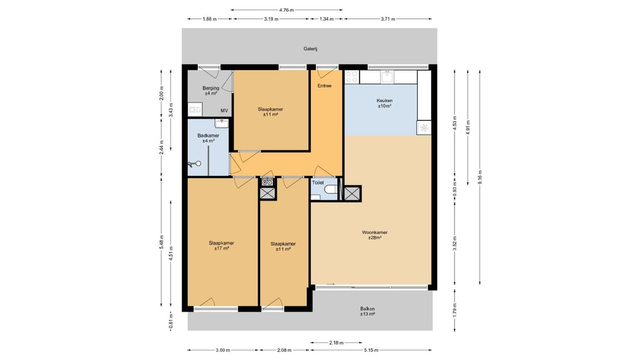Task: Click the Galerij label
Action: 310,49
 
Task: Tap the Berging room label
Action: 211,88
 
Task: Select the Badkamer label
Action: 208,136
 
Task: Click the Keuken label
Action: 385,100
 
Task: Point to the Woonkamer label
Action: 375,232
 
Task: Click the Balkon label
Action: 367,309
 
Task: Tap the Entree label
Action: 325,86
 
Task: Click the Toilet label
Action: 318,183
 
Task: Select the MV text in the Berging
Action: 224,111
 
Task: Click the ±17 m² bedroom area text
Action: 221,249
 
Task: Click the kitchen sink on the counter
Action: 387,75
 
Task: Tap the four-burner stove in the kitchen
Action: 351,77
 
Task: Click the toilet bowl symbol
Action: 332,190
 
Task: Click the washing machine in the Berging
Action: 195,110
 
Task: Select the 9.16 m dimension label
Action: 480,177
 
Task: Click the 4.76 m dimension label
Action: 287,10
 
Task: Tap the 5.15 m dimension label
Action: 371,350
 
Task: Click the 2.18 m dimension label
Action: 337,343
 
